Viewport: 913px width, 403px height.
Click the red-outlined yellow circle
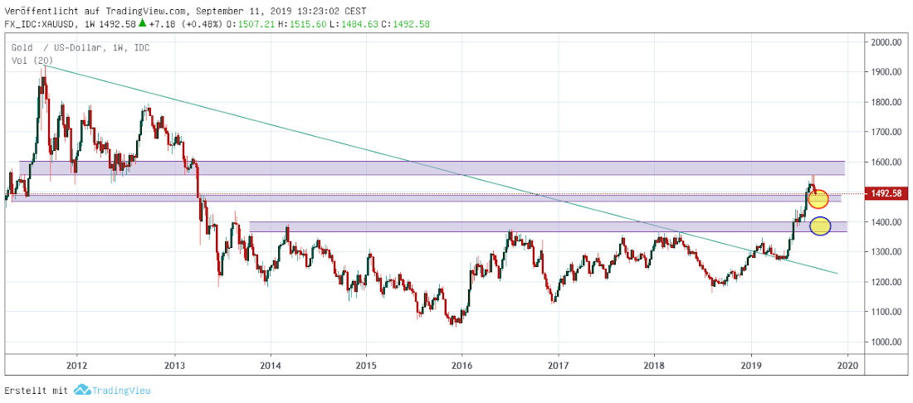(x=818, y=199)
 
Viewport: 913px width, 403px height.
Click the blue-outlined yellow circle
(x=820, y=226)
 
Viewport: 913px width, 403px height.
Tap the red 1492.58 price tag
(x=886, y=194)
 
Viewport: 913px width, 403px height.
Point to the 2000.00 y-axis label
(x=886, y=42)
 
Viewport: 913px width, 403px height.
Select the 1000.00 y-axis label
(x=886, y=342)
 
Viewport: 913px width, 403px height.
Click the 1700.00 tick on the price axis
(x=886, y=132)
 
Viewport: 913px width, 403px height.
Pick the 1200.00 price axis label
(x=886, y=282)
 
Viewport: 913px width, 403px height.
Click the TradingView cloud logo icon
(x=81, y=390)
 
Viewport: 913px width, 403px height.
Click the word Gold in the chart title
(x=23, y=48)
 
